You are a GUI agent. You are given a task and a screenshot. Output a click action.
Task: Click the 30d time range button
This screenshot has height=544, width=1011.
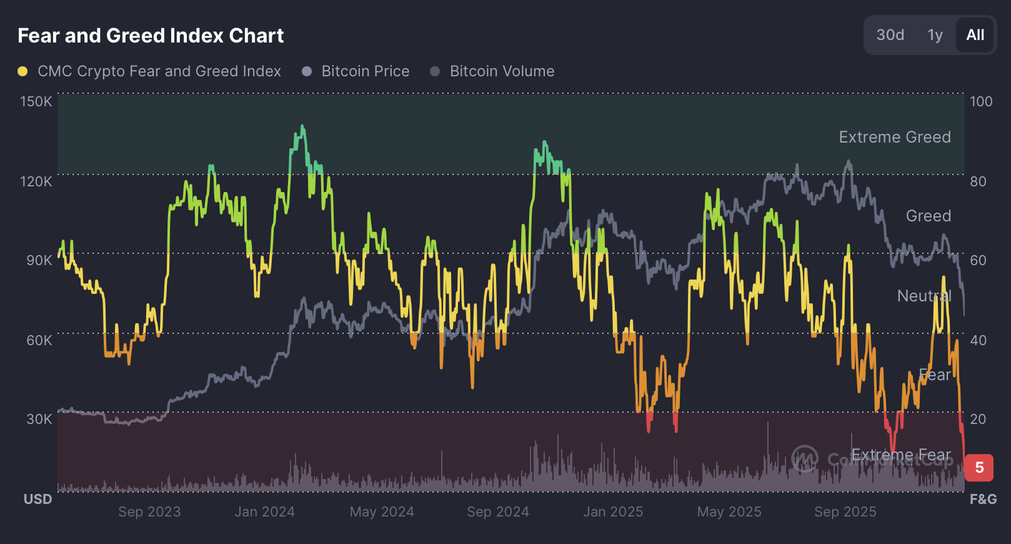(x=890, y=35)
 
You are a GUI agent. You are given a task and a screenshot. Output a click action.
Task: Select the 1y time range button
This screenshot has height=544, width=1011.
(x=935, y=35)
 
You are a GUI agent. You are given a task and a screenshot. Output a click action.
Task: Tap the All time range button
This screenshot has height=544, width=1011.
(x=975, y=35)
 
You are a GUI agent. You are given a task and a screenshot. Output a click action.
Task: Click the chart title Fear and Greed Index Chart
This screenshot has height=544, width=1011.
(x=151, y=36)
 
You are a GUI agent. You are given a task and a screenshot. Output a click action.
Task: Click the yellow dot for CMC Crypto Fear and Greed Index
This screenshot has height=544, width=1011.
(x=22, y=71)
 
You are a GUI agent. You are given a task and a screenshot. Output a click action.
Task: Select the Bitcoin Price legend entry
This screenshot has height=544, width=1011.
(x=365, y=71)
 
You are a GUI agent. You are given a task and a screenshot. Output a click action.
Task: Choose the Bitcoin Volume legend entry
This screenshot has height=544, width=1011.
(x=501, y=71)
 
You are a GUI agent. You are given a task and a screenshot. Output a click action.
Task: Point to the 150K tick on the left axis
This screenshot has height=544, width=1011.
(x=36, y=101)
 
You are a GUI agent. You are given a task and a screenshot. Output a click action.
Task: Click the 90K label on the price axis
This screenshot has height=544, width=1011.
(x=39, y=260)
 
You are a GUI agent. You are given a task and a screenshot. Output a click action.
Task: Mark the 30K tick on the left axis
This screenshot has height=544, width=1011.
(x=39, y=419)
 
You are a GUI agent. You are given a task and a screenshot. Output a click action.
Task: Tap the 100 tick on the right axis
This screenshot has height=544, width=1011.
(x=981, y=101)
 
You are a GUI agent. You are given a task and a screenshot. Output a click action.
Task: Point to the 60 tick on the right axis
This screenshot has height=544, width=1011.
(x=978, y=260)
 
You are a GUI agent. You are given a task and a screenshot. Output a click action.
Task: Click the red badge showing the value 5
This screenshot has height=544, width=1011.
(x=979, y=468)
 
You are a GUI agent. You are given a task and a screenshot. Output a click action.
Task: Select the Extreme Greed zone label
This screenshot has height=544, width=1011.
(x=895, y=137)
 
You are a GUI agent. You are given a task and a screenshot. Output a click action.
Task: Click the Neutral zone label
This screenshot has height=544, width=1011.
(x=924, y=296)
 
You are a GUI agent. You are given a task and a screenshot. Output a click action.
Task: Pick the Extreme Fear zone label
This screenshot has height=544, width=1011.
(x=901, y=455)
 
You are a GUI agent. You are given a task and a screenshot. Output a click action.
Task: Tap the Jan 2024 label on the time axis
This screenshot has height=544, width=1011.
(x=264, y=511)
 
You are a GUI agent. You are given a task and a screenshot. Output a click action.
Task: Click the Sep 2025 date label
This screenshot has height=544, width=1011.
(x=845, y=511)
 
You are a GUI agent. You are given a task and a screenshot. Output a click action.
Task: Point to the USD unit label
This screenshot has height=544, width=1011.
(x=37, y=499)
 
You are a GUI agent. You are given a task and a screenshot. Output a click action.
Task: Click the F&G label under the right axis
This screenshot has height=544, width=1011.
(x=983, y=499)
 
